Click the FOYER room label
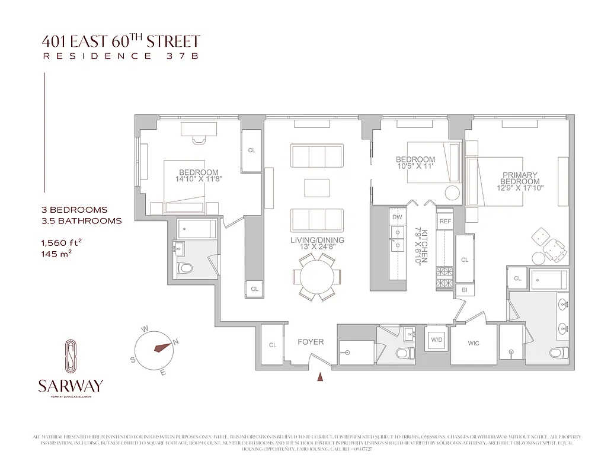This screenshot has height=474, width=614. (x=311, y=342)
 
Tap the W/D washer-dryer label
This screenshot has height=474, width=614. (x=437, y=340)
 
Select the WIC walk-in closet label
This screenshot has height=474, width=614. (x=473, y=343)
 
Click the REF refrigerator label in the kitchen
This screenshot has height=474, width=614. (x=445, y=220)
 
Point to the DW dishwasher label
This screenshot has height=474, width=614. (x=397, y=217)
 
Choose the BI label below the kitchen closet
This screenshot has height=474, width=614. (x=464, y=290)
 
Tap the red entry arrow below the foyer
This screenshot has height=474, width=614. (x=321, y=376)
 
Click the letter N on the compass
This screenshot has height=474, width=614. (x=175, y=341)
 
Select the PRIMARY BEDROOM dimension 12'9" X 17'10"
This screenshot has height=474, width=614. (x=520, y=188)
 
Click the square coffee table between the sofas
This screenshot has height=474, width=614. (x=316, y=188)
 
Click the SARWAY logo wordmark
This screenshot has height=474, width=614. (x=70, y=386)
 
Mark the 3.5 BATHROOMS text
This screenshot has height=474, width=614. (x=81, y=220)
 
